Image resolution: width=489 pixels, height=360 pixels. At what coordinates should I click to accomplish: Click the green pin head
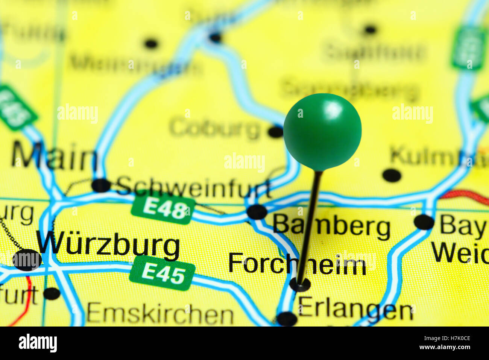click(322, 131)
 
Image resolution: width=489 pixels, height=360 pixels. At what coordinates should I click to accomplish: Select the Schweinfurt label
click(193, 187)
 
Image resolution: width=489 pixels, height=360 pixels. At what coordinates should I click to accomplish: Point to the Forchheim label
click(297, 264)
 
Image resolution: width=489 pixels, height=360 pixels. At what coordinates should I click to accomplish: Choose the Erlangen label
click(356, 310)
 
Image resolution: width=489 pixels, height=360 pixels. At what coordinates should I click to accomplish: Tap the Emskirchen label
click(160, 314)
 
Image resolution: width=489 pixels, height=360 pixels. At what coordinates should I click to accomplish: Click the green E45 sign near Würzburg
click(162, 273)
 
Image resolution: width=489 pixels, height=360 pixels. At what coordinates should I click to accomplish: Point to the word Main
click(54, 156)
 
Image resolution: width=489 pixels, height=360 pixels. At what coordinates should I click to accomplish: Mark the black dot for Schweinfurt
click(101, 185)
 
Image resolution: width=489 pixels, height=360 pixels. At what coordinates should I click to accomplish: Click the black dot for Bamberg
click(257, 212)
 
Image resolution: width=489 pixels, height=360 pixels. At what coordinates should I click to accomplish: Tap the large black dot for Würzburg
click(27, 260)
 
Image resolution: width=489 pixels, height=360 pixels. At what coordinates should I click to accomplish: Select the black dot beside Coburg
click(276, 132)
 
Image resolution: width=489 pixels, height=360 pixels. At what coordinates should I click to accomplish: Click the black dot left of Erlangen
click(287, 319)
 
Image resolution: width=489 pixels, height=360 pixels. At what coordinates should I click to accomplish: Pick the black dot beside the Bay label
click(424, 222)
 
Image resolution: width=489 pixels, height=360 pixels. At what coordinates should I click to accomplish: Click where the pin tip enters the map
click(300, 284)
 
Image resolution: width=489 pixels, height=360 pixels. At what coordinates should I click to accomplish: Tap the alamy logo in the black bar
click(38, 343)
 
